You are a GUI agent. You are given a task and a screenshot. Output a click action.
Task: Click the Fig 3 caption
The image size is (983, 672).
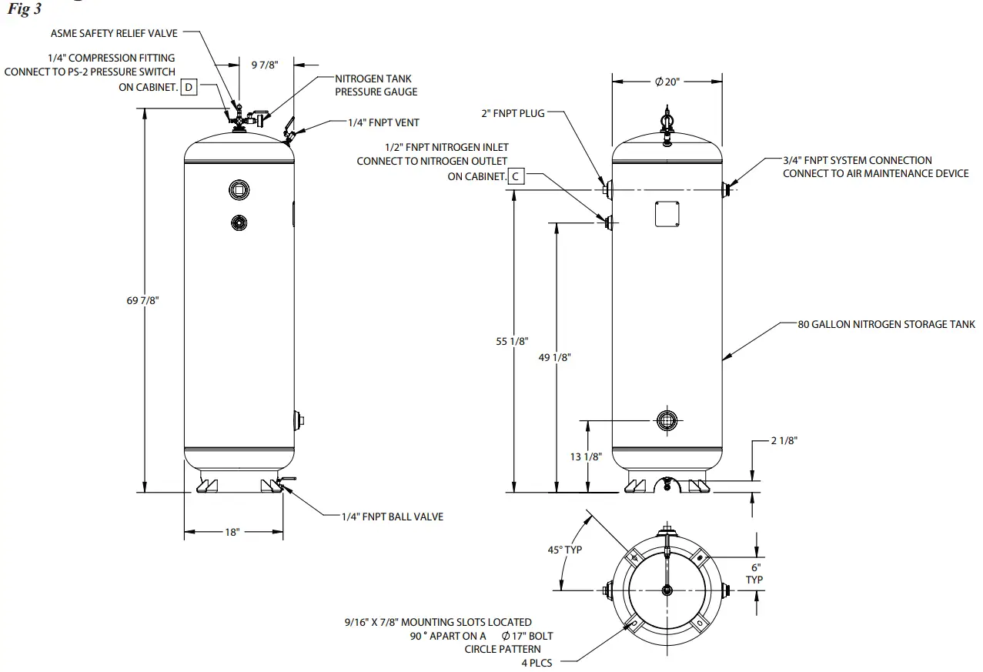tap(24, 11)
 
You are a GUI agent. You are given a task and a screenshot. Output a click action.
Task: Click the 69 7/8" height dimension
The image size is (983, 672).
tap(142, 300)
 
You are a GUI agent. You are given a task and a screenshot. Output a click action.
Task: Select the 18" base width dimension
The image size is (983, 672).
tap(232, 532)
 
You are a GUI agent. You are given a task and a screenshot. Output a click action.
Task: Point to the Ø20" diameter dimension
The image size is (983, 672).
tap(667, 82)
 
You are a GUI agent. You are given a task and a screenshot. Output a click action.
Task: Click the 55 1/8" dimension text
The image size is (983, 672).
tap(513, 341)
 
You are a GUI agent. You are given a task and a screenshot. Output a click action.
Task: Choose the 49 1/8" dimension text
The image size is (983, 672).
tap(555, 358)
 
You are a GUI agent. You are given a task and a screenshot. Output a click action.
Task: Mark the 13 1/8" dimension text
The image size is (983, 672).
tap(586, 456)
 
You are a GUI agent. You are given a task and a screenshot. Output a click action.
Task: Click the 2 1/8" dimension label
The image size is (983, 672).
tap(784, 440)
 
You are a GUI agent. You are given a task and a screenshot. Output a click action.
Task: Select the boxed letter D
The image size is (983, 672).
tap(189, 87)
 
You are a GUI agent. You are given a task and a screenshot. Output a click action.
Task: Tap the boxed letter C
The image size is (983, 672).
tap(517, 176)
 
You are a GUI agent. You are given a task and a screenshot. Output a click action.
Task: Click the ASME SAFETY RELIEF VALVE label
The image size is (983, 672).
tap(114, 33)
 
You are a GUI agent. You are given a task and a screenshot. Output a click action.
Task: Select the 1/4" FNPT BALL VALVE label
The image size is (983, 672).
tap(393, 517)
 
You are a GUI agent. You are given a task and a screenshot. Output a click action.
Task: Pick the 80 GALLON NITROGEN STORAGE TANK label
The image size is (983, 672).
tap(886, 324)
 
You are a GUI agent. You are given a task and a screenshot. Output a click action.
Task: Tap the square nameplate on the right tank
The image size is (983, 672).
tap(667, 214)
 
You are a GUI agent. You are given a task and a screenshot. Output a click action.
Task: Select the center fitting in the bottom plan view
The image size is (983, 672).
tap(667, 590)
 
